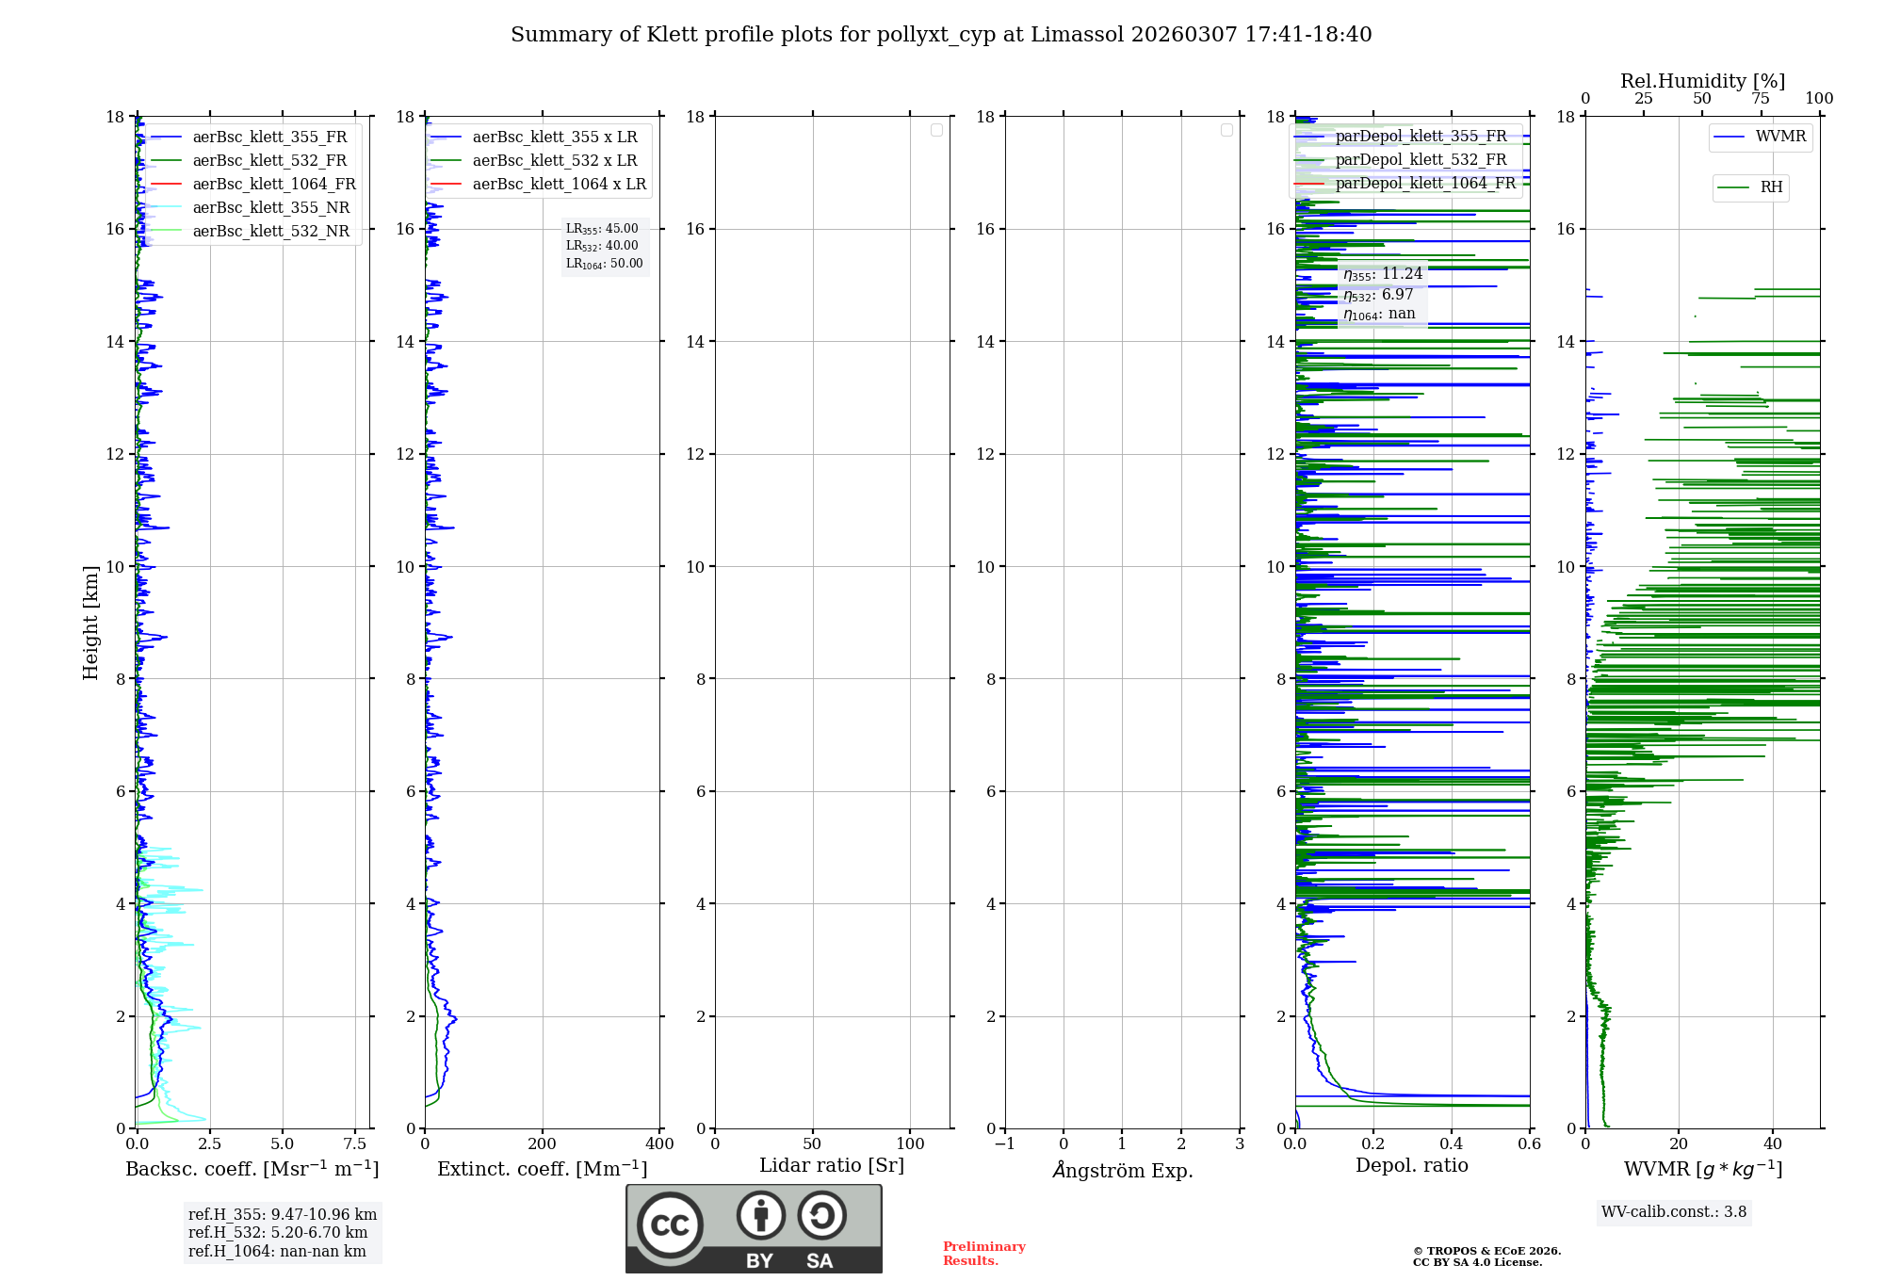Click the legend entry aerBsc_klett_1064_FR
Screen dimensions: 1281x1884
273,185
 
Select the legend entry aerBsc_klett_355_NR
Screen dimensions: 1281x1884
270,208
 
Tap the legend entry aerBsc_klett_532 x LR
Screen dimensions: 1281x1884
554,161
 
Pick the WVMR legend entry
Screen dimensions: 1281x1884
1780,137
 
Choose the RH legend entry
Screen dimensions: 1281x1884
1771,187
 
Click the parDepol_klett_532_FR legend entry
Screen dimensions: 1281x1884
1421,160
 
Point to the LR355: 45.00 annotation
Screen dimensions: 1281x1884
602,229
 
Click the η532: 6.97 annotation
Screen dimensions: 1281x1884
1378,295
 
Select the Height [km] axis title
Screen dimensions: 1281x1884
90,623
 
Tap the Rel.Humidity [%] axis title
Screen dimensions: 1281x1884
1702,81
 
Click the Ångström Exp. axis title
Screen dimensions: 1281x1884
1122,1170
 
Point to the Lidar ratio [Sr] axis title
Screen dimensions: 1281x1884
832,1165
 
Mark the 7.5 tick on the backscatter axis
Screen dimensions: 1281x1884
354,1144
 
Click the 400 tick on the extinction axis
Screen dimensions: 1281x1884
659,1144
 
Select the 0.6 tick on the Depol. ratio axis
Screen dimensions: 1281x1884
1529,1144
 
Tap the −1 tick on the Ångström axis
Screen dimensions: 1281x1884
1004,1144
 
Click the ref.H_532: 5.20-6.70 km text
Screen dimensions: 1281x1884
278,1233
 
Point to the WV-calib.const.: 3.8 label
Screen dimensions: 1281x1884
1674,1212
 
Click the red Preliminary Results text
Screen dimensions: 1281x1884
983,1254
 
